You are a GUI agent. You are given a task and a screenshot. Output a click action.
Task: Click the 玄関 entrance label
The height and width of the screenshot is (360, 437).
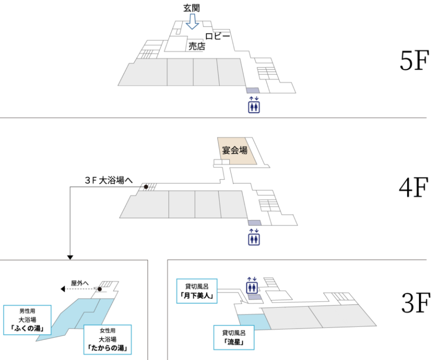[x=193, y=8]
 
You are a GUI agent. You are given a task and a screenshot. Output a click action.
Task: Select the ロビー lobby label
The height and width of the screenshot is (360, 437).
[x=217, y=37]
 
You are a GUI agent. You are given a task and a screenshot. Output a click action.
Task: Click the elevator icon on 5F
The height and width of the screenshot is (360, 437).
[x=254, y=105]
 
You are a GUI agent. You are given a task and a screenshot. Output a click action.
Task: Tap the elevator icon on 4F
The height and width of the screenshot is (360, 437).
[x=254, y=236]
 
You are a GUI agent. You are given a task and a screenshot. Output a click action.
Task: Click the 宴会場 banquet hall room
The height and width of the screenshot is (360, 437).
[x=235, y=151]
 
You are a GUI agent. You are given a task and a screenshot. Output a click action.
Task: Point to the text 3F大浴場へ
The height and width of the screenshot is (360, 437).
[x=108, y=181]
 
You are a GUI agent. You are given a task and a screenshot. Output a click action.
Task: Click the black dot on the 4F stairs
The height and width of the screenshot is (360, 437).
[x=146, y=186]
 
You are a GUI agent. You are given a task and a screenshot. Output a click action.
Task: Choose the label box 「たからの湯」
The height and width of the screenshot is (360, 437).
[x=107, y=340]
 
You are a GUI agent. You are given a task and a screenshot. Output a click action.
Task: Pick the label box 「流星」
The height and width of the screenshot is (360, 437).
[x=233, y=337]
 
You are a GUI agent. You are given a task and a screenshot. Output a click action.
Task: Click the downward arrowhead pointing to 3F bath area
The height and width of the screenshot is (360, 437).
[x=70, y=257]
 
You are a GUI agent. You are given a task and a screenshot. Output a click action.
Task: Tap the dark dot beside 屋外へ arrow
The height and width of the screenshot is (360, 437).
[x=100, y=289]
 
